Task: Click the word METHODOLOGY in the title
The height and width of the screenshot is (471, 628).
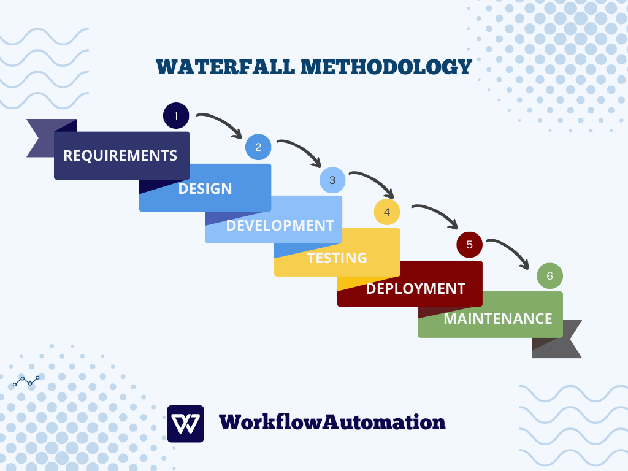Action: point(386,67)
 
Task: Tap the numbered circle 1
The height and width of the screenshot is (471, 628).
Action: point(176,115)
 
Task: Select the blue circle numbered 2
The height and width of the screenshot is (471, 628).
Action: point(258,147)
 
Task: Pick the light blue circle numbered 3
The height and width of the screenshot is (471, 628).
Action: point(332,180)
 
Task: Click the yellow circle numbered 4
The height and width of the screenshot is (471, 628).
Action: point(387,212)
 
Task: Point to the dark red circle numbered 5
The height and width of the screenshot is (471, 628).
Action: point(469,244)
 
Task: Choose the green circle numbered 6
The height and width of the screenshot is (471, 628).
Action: point(549,276)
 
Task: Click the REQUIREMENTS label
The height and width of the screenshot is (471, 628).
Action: point(120,156)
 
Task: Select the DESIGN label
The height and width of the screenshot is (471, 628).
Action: point(205,188)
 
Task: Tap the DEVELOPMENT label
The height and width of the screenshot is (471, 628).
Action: point(280,225)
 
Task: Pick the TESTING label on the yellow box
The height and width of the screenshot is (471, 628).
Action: point(337,258)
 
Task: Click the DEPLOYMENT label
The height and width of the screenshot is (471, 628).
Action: point(415,288)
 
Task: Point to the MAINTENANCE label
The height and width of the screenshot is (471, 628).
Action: point(497,319)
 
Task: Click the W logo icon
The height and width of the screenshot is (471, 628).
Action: point(185,424)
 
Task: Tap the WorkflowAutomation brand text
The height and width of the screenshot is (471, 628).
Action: point(332,422)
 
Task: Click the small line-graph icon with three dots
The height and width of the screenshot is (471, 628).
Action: point(26,381)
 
